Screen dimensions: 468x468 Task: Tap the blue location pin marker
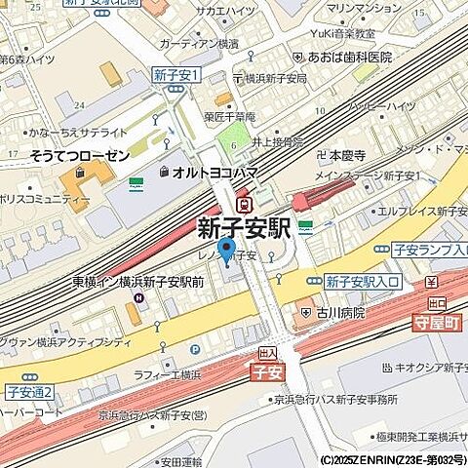coord(226,252)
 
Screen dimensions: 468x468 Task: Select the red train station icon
coord(250,205)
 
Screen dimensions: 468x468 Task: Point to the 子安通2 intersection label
coord(29,392)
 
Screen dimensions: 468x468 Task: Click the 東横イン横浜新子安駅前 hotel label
coord(137,282)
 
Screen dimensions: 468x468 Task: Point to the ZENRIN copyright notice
coord(392,458)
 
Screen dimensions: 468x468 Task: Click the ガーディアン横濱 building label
coord(198,45)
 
